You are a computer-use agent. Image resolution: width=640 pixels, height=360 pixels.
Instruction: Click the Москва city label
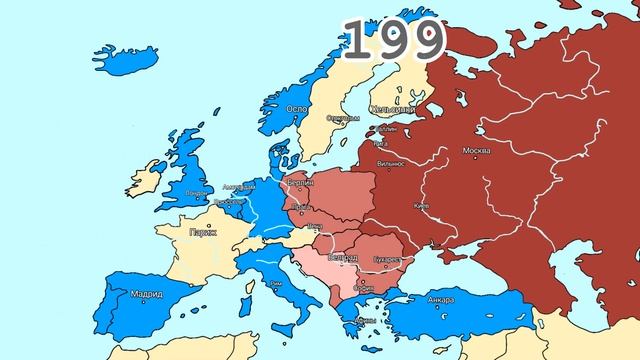(476, 151)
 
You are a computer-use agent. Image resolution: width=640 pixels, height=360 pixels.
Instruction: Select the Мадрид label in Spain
(148, 294)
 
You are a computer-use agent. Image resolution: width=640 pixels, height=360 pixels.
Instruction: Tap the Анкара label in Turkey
(440, 300)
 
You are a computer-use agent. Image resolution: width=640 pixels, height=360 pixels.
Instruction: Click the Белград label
(342, 257)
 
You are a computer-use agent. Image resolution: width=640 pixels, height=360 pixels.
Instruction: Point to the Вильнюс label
(391, 161)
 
